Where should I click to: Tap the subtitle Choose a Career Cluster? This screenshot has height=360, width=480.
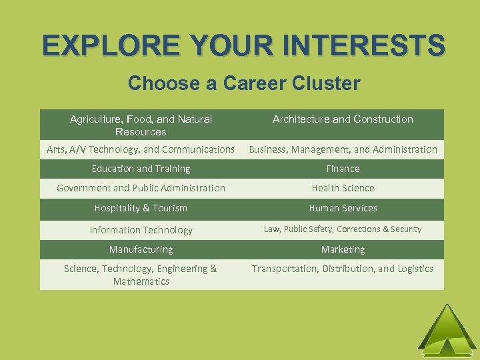click(x=243, y=83)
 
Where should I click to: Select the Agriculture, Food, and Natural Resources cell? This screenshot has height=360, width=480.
click(x=141, y=125)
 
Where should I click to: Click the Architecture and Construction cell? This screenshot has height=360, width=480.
click(x=343, y=119)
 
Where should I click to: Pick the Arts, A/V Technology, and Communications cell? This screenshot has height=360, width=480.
click(x=141, y=149)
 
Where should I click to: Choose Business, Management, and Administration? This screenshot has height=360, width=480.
click(x=343, y=149)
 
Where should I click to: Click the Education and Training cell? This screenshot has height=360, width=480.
click(x=141, y=169)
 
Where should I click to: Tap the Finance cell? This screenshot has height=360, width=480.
click(x=343, y=169)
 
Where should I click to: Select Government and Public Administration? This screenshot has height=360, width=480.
click(x=141, y=188)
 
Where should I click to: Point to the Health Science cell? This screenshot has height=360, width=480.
click(x=343, y=188)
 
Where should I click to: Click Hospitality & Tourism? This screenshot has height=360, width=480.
click(x=141, y=208)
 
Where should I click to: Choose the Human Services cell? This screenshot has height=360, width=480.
click(x=343, y=208)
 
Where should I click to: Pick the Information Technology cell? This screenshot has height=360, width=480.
click(x=141, y=230)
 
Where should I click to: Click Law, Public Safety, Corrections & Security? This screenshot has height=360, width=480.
click(x=343, y=229)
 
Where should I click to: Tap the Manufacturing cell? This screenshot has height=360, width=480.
click(x=141, y=249)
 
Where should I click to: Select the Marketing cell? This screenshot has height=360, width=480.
click(x=343, y=249)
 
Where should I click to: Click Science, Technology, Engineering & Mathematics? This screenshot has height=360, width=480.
click(x=141, y=275)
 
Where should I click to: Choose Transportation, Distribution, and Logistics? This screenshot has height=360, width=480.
click(x=343, y=269)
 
